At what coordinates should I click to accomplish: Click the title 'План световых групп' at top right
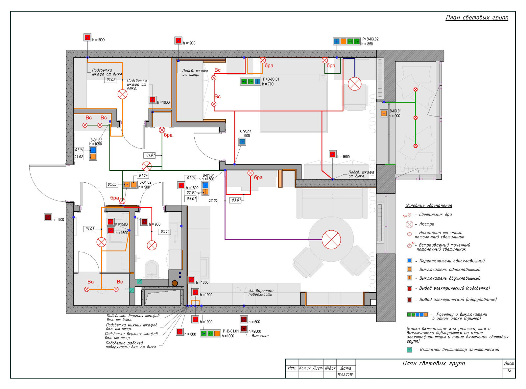tap(477, 18)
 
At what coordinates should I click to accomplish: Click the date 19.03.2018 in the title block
tap(345, 375)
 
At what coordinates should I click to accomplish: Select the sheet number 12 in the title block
tap(509, 370)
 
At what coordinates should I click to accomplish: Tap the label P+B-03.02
tap(370, 39)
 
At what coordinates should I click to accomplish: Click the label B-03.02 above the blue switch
tap(245, 132)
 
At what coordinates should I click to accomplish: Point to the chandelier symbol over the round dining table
tap(331, 240)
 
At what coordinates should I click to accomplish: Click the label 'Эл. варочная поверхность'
tap(261, 292)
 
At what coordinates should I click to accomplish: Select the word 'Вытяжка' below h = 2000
tap(260, 336)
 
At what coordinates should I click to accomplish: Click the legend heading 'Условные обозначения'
tap(429, 205)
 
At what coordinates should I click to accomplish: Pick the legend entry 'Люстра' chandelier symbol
tap(409, 224)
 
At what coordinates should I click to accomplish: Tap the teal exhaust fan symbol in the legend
tap(409, 350)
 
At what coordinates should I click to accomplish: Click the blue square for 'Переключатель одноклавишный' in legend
tap(409, 260)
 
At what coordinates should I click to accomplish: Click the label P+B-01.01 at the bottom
tap(231, 331)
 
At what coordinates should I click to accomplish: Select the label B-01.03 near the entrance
tap(96, 140)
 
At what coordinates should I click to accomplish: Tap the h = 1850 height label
tap(202, 282)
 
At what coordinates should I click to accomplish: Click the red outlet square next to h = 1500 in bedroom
tap(332, 154)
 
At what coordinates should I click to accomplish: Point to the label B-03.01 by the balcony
tap(395, 111)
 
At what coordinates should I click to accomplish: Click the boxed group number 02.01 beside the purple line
tap(213, 200)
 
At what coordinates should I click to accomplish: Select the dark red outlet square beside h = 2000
tap(244, 328)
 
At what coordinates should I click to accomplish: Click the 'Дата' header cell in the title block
tap(346, 368)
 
